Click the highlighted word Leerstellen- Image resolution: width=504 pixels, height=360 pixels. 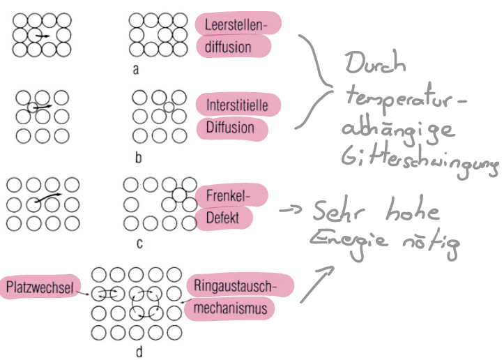pos(238,25)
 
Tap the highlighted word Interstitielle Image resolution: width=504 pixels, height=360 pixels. pos(238,105)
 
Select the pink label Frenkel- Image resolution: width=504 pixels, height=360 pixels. pos(228,195)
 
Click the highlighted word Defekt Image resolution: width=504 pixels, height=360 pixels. pos(223,218)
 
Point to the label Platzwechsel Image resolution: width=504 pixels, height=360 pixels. pos(41,286)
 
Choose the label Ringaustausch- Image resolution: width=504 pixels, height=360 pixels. pos(240,286)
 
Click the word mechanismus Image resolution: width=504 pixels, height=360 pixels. pos(234,308)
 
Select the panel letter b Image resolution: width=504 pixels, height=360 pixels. pos(138,158)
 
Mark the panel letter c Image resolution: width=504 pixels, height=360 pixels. pos(139,243)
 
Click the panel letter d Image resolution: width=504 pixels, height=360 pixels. pos(139,352)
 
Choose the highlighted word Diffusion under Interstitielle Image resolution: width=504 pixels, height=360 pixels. pos(230,128)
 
